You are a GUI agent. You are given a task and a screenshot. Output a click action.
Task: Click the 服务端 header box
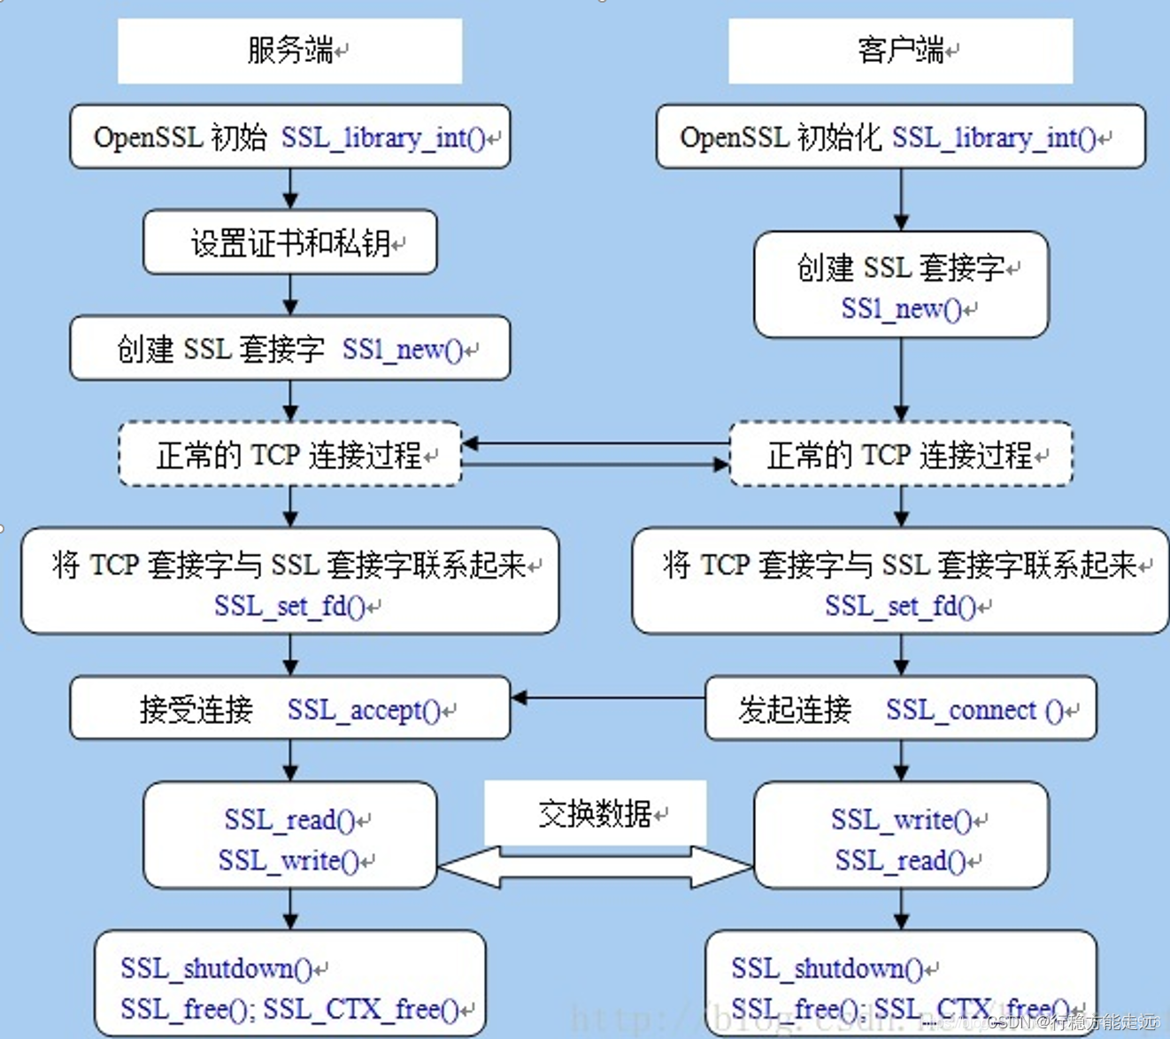click(289, 51)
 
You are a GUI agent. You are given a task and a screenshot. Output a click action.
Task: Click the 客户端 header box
click(900, 51)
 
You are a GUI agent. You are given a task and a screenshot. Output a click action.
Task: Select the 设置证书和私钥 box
click(289, 242)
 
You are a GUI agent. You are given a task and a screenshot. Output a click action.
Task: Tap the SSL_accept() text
click(364, 710)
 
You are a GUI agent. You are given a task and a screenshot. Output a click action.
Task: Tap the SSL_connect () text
click(974, 710)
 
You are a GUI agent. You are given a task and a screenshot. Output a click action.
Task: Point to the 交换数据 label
click(595, 813)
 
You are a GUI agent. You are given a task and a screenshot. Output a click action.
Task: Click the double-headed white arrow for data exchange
click(595, 867)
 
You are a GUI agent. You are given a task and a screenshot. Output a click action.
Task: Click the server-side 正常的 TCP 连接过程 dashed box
click(289, 455)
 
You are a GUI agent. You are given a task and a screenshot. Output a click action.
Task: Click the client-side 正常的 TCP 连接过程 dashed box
click(900, 455)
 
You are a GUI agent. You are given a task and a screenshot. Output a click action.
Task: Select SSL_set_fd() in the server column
click(289, 606)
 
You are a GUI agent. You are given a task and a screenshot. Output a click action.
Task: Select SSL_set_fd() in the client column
click(900, 606)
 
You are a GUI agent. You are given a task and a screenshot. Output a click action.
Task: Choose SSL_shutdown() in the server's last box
click(217, 969)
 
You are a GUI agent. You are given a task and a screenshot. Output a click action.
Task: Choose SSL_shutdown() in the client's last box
click(827, 969)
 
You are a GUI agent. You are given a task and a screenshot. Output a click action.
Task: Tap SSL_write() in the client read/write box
click(901, 820)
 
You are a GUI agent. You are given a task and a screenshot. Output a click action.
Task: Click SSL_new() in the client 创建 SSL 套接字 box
click(901, 309)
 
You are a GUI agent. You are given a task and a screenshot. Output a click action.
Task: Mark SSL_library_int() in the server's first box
click(383, 138)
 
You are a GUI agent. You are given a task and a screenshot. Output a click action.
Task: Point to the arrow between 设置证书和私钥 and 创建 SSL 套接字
click(290, 295)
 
